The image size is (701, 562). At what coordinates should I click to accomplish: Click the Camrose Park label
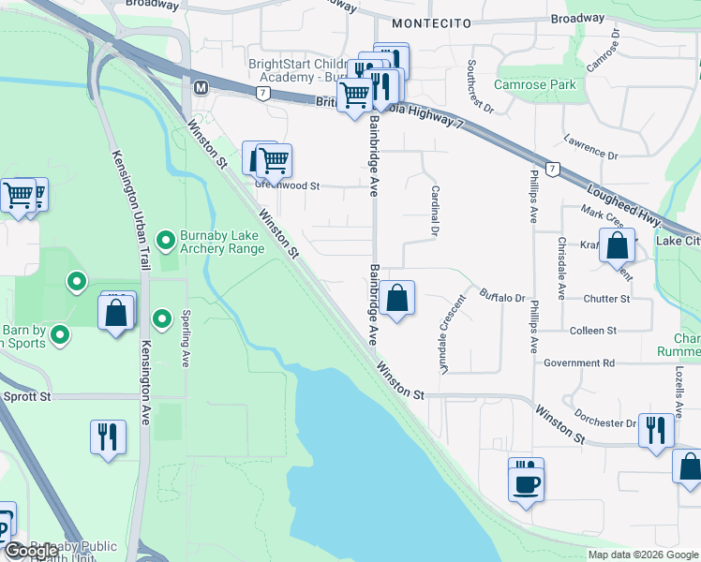click(537, 84)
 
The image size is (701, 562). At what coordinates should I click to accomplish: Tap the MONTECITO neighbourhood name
click(429, 22)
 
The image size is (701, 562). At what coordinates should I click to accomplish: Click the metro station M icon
click(200, 87)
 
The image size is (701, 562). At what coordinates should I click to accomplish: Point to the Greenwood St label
click(288, 185)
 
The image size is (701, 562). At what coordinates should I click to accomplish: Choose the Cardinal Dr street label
click(435, 209)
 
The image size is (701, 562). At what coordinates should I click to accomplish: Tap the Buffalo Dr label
click(503, 298)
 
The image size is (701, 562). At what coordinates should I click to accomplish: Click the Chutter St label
click(605, 299)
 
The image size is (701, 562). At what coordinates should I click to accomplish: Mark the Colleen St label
click(592, 331)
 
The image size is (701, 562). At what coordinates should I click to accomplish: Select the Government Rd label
click(578, 362)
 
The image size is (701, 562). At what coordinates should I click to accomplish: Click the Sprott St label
click(25, 397)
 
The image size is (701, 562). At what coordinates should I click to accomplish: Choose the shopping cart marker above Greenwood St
click(273, 160)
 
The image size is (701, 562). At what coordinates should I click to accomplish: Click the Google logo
click(31, 551)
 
